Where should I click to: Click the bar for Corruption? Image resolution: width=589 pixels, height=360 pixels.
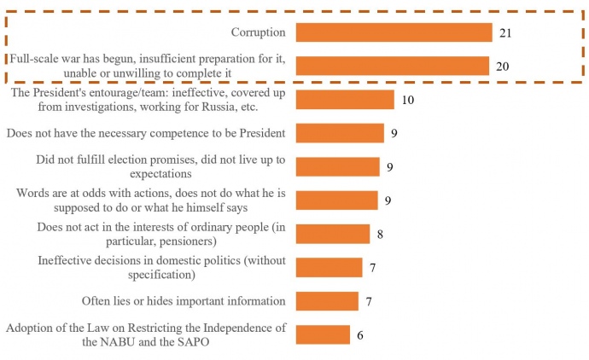coord(394,32)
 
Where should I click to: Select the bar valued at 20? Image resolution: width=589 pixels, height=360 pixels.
coord(392,66)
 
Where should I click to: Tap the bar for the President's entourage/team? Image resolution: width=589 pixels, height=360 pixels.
coord(345,99)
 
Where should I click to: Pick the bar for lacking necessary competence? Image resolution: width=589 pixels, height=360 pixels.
coord(340,133)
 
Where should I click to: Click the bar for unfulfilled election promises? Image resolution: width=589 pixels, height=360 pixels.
coord(338,166)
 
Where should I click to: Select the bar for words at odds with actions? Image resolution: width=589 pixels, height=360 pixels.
coord(336,200)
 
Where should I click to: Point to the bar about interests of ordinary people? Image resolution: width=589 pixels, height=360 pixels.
coord(333,234)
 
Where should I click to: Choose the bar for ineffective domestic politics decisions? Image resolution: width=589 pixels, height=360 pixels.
coord(329,267)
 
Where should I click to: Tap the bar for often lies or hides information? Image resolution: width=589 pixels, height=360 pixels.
coord(327,300)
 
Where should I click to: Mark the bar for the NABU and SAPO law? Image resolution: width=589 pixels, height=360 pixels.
coord(323,334)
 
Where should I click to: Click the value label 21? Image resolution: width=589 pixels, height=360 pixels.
coord(506,32)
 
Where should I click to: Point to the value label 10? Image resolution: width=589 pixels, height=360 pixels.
coord(407,100)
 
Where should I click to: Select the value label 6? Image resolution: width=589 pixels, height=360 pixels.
coord(360,335)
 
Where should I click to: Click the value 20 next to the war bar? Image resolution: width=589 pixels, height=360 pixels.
coord(503,67)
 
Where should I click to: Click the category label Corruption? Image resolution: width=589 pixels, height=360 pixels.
coord(258,32)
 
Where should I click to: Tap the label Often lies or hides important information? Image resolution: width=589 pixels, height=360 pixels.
coord(183,301)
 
